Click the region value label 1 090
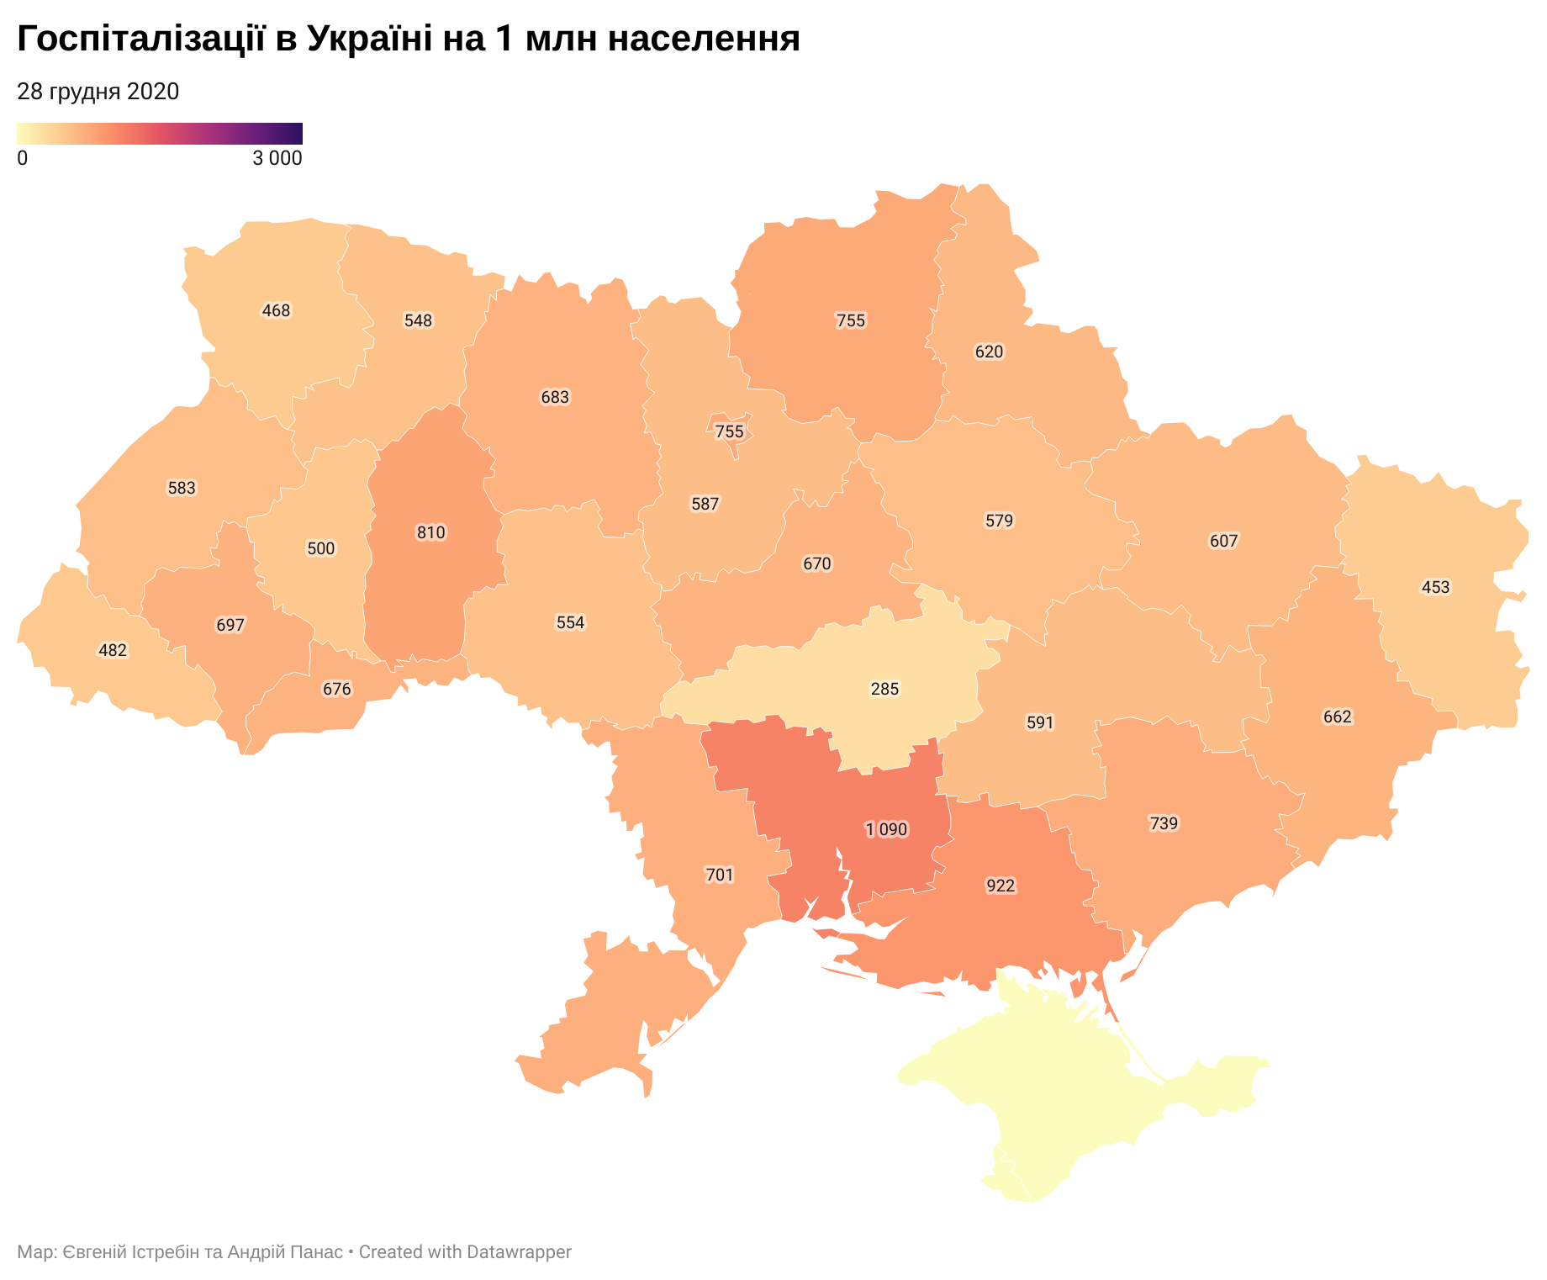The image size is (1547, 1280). click(x=886, y=830)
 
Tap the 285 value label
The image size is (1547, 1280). click(x=884, y=690)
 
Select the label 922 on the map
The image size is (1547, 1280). click(x=1001, y=886)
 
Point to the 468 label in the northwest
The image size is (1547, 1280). click(x=276, y=311)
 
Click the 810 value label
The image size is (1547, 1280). click(x=431, y=532)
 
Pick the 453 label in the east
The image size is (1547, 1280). click(x=1435, y=587)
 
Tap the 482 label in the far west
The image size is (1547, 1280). click(x=113, y=650)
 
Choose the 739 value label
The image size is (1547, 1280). click(x=1164, y=823)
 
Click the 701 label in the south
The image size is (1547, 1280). click(x=720, y=875)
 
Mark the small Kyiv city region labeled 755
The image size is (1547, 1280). click(x=729, y=431)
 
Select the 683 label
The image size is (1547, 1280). click(x=555, y=397)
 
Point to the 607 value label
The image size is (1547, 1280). click(x=1223, y=541)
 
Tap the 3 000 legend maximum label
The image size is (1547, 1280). click(x=277, y=158)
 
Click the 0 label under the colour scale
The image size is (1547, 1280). click(x=22, y=158)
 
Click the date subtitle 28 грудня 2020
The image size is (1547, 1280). click(x=98, y=92)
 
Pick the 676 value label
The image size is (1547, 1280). click(x=336, y=690)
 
